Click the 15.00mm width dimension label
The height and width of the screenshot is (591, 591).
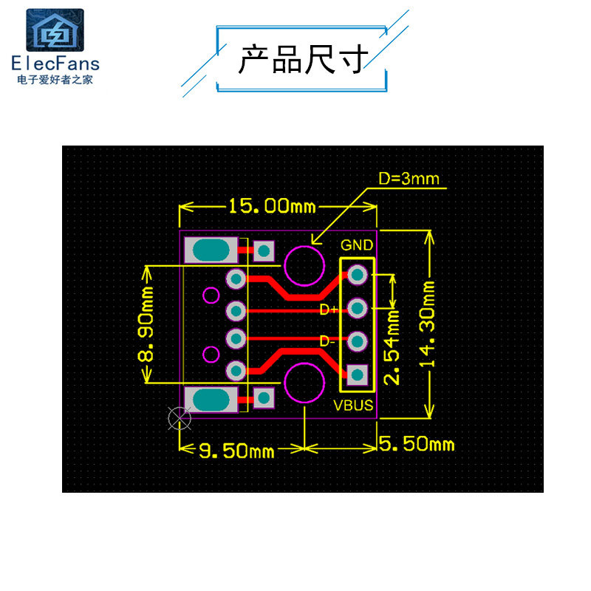click(x=271, y=205)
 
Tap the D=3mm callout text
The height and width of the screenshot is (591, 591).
click(x=409, y=179)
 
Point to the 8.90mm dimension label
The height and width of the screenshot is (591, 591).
click(x=147, y=326)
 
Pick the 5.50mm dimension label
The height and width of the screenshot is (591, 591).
click(x=417, y=444)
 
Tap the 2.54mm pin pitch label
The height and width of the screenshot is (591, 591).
click(x=394, y=347)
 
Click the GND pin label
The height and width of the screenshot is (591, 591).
click(x=357, y=245)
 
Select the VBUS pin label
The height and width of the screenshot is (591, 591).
click(x=354, y=406)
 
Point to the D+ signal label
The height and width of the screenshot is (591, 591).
click(x=329, y=310)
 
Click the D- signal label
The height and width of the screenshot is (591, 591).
click(x=327, y=341)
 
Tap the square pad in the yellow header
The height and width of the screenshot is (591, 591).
click(x=358, y=375)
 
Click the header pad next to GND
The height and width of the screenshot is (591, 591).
click(x=358, y=275)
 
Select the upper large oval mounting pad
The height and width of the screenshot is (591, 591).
click(x=212, y=251)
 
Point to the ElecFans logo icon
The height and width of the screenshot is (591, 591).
click(x=55, y=31)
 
